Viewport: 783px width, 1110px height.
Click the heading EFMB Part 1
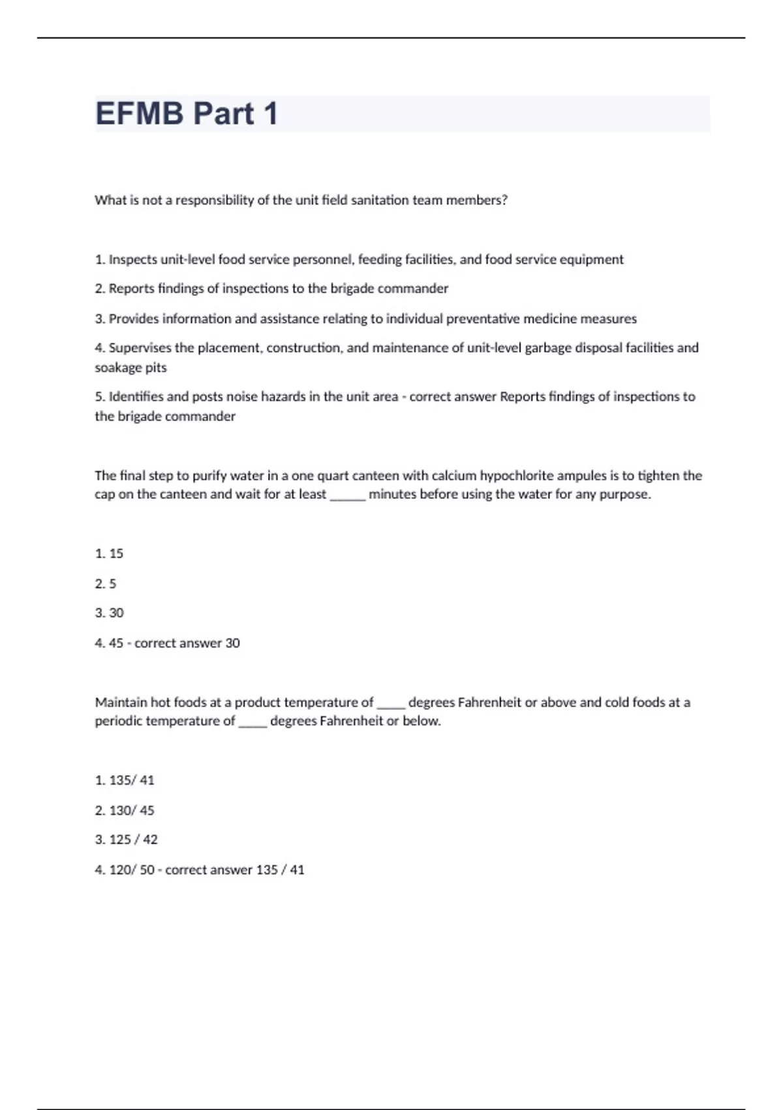click(x=187, y=114)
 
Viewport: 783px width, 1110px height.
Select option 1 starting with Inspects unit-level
click(x=359, y=260)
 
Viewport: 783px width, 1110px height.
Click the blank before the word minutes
click(x=347, y=496)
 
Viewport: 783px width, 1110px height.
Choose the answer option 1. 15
click(x=109, y=554)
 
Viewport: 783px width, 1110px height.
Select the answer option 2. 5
click(x=106, y=584)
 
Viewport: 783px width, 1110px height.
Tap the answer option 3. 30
click(x=109, y=613)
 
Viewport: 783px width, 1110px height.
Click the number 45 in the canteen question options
click(x=116, y=643)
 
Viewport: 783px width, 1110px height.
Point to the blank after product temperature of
click(x=391, y=704)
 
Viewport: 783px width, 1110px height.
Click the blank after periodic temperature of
click(x=253, y=722)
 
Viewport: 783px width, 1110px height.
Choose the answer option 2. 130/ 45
click(x=125, y=810)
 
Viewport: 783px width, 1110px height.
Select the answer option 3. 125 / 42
click(x=127, y=840)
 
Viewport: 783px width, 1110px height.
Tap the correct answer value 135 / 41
click(x=280, y=870)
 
